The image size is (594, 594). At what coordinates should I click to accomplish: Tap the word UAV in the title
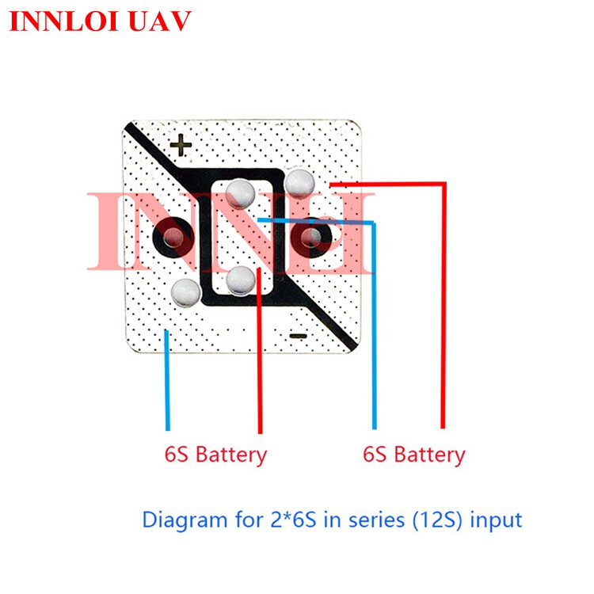click(161, 21)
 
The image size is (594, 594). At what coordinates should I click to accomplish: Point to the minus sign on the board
click(298, 336)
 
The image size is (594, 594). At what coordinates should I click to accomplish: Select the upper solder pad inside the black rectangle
click(239, 192)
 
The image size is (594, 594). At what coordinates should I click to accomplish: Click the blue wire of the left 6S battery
click(166, 380)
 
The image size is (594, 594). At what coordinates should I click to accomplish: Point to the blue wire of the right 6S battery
click(375, 333)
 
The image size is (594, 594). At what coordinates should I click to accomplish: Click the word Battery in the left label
click(230, 455)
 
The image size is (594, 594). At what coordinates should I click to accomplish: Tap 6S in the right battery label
click(375, 455)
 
